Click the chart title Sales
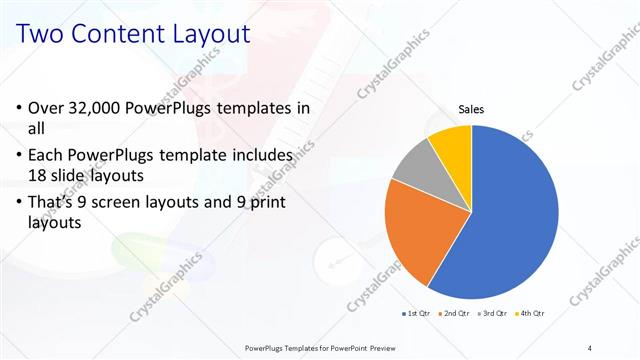(472, 109)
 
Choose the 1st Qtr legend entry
(416, 314)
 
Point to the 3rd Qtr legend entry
(491, 314)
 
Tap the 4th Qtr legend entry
(529, 314)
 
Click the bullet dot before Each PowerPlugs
(21, 156)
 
